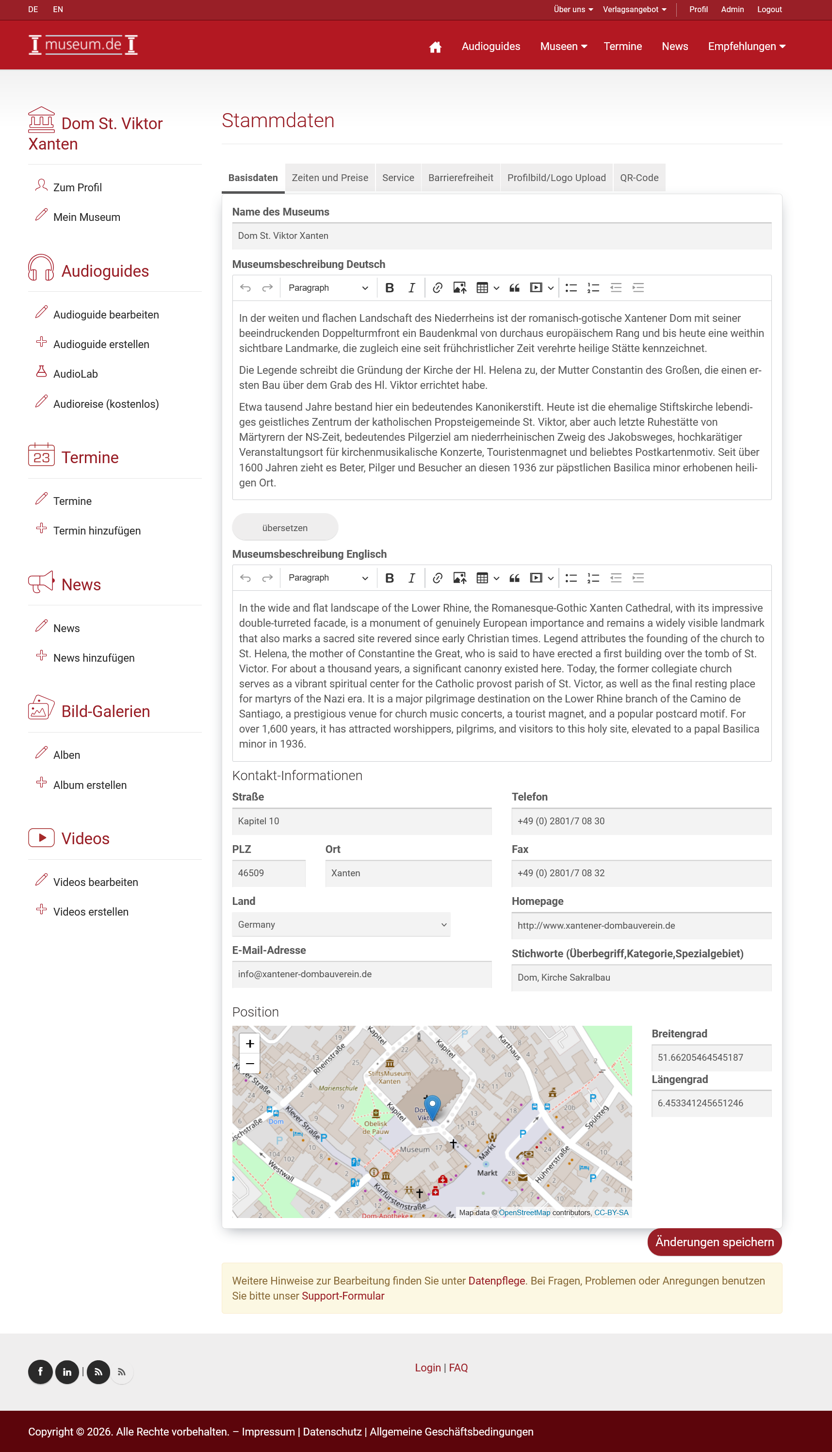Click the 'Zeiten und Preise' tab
pos(330,178)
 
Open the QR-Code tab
pos(639,178)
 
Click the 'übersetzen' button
pos(285,528)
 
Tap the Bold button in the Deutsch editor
pos(389,288)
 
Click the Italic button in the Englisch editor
pos(411,578)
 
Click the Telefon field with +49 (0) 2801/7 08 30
pos(641,821)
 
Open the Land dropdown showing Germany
pos(341,924)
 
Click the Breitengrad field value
pos(711,1057)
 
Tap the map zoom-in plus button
pos(250,1044)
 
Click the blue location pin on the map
pos(433,1106)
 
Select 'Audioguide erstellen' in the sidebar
pos(101,344)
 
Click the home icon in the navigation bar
pos(435,47)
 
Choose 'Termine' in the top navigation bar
pos(622,46)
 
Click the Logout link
pos(769,10)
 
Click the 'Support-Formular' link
pos(343,1296)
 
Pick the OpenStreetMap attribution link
pos(524,1213)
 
